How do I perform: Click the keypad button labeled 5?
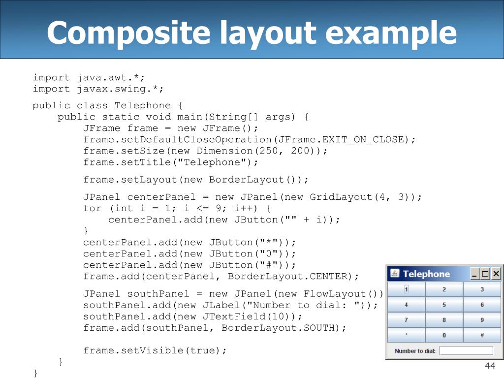[x=444, y=305]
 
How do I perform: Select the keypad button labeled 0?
[x=444, y=335]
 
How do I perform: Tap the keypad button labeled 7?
[x=406, y=320]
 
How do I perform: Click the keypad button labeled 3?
[x=482, y=289]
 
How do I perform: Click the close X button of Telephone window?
[x=496, y=274]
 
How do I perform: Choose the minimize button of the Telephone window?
[x=474, y=274]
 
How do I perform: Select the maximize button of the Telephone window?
[x=485, y=274]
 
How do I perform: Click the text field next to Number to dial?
[x=466, y=350]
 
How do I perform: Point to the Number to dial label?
[x=415, y=351]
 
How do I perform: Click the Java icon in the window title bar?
[x=394, y=273]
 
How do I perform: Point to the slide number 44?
[x=490, y=366]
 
